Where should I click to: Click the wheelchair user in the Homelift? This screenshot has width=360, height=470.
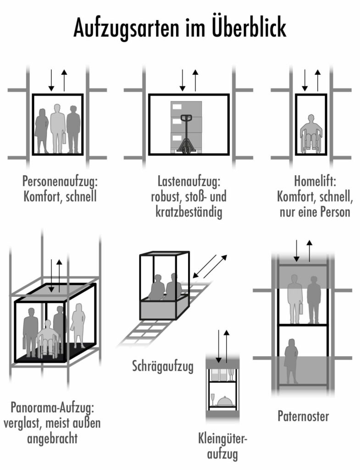point(311,134)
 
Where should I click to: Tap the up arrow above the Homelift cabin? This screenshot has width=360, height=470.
point(317,79)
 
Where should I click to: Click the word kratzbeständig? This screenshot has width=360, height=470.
point(188,213)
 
